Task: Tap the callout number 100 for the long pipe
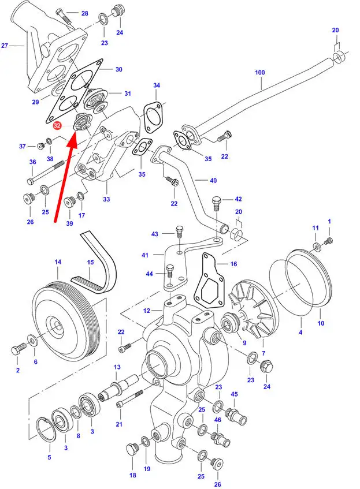[x=259, y=73]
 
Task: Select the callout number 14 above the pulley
[x=58, y=262]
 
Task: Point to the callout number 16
[x=233, y=264]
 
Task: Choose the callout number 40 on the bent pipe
[x=213, y=181]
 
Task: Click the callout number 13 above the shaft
[x=117, y=367]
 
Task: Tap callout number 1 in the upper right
[x=330, y=221]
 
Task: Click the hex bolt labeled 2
[x=17, y=350]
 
